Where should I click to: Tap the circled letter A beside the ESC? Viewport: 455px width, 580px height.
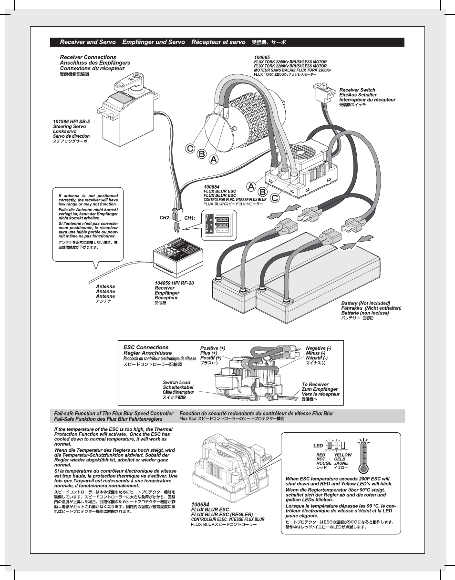click(251, 186)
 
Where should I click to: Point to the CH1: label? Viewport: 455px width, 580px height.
click(190, 218)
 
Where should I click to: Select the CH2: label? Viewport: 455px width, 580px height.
click(165, 218)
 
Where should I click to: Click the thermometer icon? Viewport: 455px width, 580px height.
click(365, 457)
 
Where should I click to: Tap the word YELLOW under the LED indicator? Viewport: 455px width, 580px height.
click(342, 455)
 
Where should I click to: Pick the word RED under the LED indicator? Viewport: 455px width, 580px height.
click(321, 455)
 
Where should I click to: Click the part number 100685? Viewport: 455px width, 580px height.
click(262, 57)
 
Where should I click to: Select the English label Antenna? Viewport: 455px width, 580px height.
click(105, 286)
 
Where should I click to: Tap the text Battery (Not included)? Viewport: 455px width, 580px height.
click(365, 303)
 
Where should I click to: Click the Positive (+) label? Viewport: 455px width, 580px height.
click(212, 348)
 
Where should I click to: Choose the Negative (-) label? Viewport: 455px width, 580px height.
click(318, 348)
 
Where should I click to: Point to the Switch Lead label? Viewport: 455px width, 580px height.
click(176, 382)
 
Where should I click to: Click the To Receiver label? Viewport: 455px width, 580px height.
click(315, 384)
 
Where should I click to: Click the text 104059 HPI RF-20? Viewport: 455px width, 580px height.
click(174, 283)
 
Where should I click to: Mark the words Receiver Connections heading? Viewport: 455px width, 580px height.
click(88, 57)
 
